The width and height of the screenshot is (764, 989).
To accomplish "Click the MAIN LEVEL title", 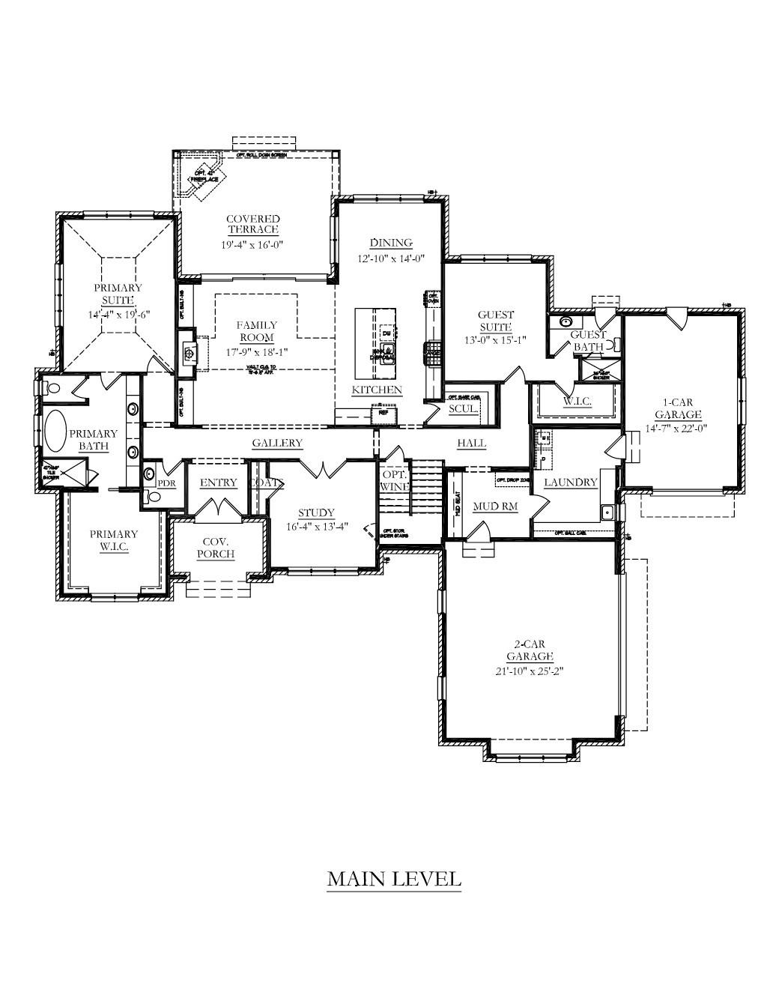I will coord(393,878).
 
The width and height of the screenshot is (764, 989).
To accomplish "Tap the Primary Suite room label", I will coord(118,294).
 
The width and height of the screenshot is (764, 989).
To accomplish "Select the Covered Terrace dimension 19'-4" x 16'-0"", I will coord(253,244).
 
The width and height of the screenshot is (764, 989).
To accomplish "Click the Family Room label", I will coord(257,331).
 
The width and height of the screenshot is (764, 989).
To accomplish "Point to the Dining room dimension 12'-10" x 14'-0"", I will coord(391,258).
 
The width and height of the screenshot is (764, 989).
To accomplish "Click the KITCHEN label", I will coord(377,390).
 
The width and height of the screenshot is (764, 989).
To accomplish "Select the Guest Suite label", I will coord(496,321).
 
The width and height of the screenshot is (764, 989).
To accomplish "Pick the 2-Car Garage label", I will coord(528,650).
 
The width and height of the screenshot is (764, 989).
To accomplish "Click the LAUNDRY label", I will coord(570,483).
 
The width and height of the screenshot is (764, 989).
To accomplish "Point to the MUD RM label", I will coord(495,506).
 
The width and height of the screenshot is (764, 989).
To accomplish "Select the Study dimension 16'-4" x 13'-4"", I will coord(316,525).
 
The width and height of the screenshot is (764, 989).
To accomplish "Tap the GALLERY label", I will coord(277,443).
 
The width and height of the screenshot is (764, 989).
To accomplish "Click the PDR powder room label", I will coord(166,483).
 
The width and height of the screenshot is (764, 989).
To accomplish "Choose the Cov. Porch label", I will coord(216,548).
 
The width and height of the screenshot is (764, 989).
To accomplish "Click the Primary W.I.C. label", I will coord(114,540).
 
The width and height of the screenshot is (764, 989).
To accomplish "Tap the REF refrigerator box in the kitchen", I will coord(383,412).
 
